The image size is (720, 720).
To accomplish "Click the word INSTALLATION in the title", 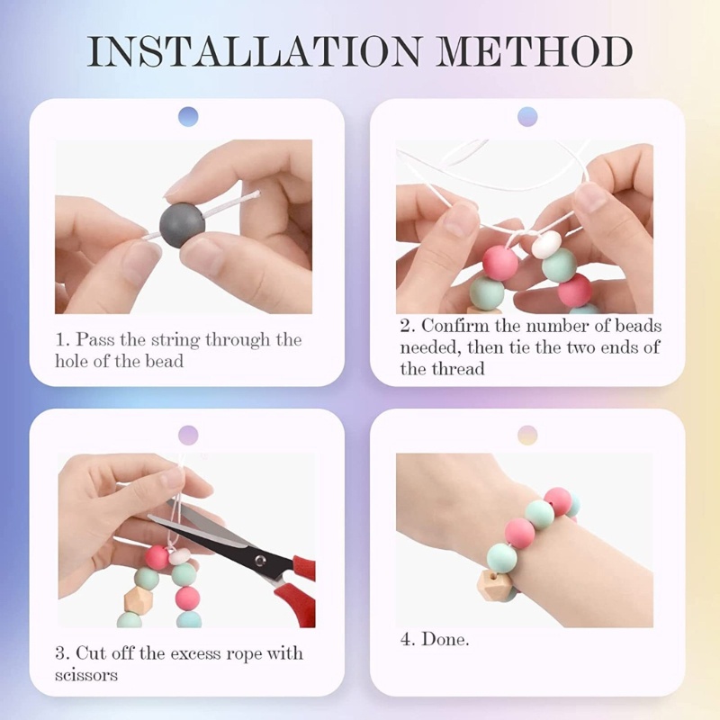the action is tap(254, 50).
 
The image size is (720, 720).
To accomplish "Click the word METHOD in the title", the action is tap(535, 50).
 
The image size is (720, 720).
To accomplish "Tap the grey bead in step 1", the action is tap(183, 226).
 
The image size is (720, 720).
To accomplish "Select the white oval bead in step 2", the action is tap(546, 244).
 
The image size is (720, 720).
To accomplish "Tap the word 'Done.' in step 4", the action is tap(445, 639).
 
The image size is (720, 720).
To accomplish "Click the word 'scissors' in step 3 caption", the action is tap(86, 676).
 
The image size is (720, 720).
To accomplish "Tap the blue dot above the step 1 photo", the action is tap(188, 117).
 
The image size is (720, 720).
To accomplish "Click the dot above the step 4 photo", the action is tap(527, 435).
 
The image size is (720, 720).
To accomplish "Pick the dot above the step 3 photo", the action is tap(188, 435).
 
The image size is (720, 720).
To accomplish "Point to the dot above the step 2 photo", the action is tap(527, 117).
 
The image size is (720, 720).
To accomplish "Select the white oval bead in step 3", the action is tap(178, 556).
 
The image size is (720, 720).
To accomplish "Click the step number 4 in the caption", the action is tap(407, 639).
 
